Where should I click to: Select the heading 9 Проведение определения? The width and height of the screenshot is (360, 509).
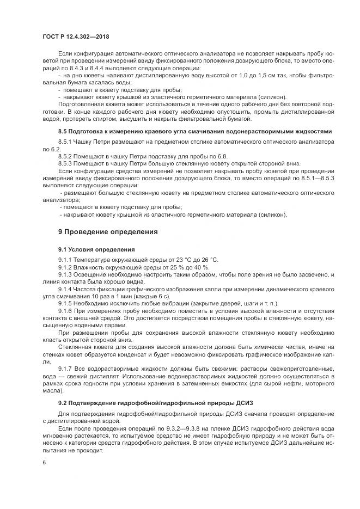coord(108,232)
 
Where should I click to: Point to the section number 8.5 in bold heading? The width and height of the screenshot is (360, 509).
coord(64,132)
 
